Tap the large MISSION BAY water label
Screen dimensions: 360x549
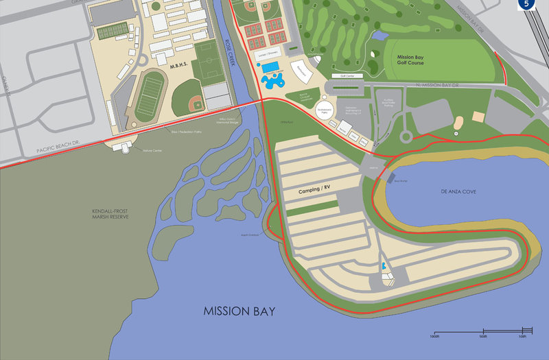click(239, 311)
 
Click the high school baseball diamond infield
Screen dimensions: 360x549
click(194, 104)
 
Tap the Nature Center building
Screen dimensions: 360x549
click(126, 147)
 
